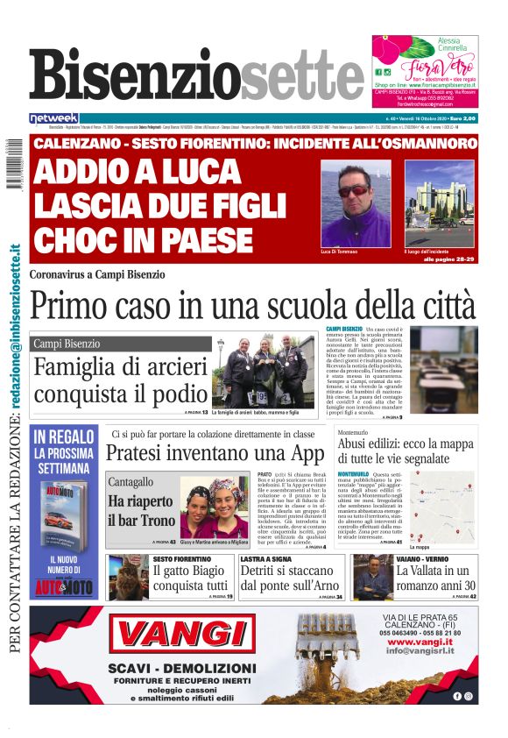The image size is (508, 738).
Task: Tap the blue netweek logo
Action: tap(53, 117)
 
